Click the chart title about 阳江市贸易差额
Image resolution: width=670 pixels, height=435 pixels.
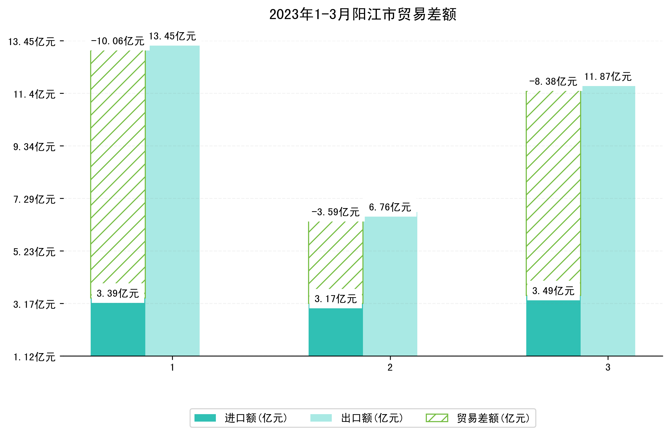[363, 14]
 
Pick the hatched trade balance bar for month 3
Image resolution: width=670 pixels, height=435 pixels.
[553, 186]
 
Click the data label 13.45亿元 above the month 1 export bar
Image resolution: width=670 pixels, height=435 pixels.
[172, 36]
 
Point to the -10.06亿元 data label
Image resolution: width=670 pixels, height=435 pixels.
[118, 41]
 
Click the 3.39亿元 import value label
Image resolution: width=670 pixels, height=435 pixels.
[118, 293]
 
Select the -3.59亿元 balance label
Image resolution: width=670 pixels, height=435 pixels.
[335, 212]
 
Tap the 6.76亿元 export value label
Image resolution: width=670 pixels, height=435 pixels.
[390, 207]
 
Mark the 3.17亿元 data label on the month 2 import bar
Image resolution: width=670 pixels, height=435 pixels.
[335, 299]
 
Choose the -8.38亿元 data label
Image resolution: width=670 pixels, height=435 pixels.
[553, 82]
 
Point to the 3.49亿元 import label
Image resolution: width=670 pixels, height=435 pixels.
[553, 291]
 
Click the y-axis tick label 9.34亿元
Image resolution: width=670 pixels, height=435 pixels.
[34, 147]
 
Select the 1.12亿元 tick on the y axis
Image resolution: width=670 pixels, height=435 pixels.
[34, 357]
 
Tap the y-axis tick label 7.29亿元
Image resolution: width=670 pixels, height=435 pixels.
[34, 199]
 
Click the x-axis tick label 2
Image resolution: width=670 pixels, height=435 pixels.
[390, 367]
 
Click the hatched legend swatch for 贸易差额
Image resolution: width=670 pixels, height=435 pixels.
[437, 418]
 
